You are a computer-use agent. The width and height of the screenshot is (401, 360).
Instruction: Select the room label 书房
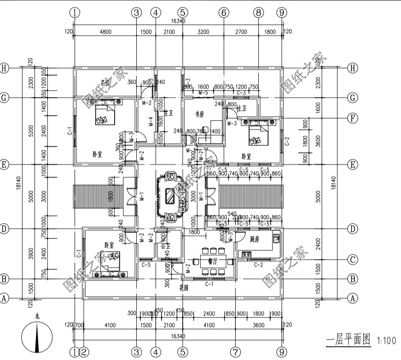pyautogui.click(x=199, y=115)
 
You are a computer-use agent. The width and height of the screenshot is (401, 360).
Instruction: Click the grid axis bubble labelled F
pyautogui.click(x=353, y=118)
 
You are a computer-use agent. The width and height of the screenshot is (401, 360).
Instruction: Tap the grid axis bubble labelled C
pyautogui.click(x=353, y=260)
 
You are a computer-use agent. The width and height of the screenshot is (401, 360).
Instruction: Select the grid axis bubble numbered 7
pyautogui.click(x=235, y=352)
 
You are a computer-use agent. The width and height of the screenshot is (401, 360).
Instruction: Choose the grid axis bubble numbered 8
pyautogui.click(x=258, y=13)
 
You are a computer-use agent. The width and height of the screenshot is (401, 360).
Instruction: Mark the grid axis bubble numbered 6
pyautogui.click(x=224, y=13)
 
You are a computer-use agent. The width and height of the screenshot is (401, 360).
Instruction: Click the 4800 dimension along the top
pyautogui.click(x=105, y=32)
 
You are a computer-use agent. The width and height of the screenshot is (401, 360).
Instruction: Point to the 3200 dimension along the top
pyautogui.click(x=203, y=32)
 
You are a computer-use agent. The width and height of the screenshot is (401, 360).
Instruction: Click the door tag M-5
pyautogui.click(x=203, y=93)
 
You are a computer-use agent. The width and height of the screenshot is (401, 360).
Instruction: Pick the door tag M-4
pyautogui.click(x=151, y=122)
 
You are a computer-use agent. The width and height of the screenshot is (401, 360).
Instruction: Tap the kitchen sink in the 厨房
pyautogui.click(x=276, y=238)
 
